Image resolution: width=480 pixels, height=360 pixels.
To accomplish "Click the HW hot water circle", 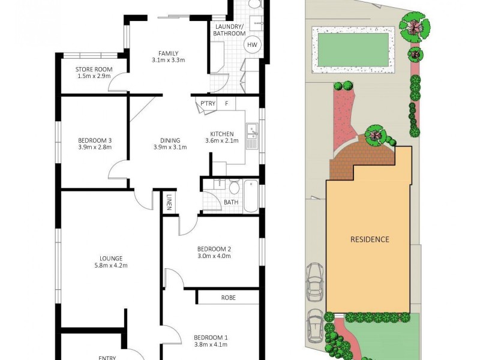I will tap(252, 45).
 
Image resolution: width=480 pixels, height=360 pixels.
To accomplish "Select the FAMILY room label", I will tap(168, 56).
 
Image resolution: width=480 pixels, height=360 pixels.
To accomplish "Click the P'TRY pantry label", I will tap(208, 104).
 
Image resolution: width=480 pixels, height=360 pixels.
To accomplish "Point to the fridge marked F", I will tap(226, 104).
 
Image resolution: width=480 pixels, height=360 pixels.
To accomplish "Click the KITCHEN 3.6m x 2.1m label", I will tap(224, 137).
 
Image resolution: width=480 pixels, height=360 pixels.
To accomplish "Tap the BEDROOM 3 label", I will tap(95, 143).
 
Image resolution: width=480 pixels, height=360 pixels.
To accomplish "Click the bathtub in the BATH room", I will tap(251, 196).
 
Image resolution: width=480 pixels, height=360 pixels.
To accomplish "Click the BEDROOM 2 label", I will tap(214, 253).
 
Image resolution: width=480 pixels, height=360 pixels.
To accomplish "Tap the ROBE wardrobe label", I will tap(228, 297).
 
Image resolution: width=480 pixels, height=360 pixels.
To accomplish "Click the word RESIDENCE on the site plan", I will tap(370, 239).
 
